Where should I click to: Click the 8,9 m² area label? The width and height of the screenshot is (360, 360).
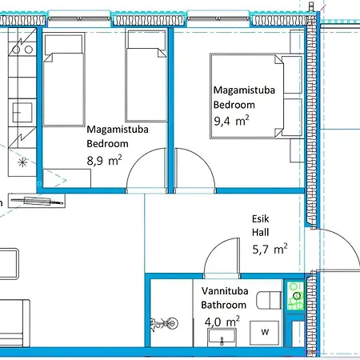pos(104,160)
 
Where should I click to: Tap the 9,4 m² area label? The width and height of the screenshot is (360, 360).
pos(231,121)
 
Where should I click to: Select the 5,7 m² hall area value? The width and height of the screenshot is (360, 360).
pos(270,249)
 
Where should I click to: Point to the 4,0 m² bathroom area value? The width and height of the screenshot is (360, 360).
pos(222,322)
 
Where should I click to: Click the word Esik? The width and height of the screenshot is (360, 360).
pos(261,219)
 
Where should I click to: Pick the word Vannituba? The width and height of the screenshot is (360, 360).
pos(225,291)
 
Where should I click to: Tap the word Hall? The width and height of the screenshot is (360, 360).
pos(261,232)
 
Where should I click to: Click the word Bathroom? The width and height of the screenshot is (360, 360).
pos(224,305)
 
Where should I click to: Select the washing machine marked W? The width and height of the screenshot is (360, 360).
pos(265,333)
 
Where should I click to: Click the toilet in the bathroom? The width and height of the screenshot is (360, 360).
pos(269,300)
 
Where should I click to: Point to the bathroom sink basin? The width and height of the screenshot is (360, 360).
pos(222,337)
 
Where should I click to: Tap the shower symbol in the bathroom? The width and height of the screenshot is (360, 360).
pos(165,324)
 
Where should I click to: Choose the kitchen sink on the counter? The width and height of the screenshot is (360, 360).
pos(22,113)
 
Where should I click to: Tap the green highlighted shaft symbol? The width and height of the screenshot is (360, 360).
pos(295,296)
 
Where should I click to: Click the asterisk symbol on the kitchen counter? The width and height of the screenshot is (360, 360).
pos(22,162)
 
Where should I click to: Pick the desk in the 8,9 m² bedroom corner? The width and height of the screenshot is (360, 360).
pos(67,178)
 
